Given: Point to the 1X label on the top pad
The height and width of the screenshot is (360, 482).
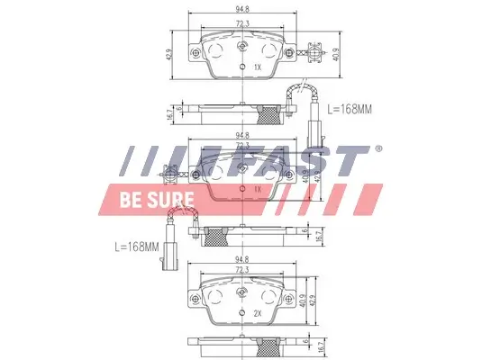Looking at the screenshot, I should (x=257, y=67).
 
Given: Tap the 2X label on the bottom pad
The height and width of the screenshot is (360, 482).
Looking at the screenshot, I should (x=257, y=313).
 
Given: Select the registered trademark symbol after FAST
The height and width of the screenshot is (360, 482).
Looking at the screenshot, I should (x=378, y=149).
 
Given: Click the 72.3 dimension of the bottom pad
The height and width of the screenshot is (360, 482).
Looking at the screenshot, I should (x=241, y=271).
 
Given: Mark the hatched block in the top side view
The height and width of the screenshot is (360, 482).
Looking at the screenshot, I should (x=268, y=113).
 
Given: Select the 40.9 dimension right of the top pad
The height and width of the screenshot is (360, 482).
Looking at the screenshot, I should (x=335, y=53).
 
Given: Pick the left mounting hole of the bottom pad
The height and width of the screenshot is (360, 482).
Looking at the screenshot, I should (x=197, y=300).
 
